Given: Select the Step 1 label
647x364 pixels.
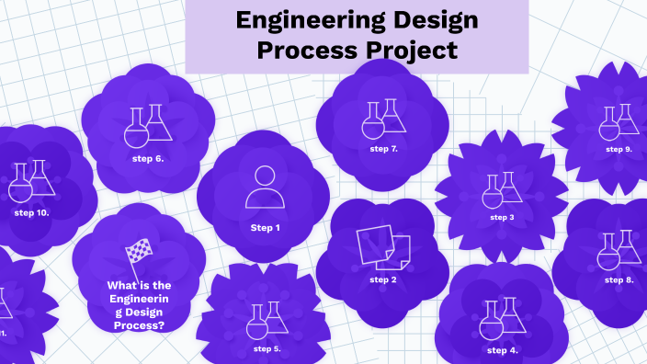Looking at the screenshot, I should [265, 228].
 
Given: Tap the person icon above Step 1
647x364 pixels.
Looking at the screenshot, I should [264, 186].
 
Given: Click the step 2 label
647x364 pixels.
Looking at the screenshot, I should [383, 279].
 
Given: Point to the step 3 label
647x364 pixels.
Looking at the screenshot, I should [502, 218].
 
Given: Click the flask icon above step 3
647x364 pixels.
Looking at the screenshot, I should [502, 189].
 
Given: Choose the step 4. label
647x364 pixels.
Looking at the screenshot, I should [503, 350].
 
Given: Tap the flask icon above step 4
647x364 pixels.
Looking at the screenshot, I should [503, 316].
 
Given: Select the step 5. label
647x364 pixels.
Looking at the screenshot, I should [267, 349].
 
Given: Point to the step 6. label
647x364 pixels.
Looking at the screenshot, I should [148, 158].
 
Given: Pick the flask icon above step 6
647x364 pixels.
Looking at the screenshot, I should [148, 126].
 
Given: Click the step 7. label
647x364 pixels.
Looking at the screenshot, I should [383, 148].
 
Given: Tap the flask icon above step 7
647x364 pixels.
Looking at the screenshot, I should [382, 118].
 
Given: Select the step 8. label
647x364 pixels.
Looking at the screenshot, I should [619, 279].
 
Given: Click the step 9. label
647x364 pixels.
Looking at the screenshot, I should [619, 149].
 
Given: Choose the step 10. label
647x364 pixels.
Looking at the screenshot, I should [31, 212].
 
